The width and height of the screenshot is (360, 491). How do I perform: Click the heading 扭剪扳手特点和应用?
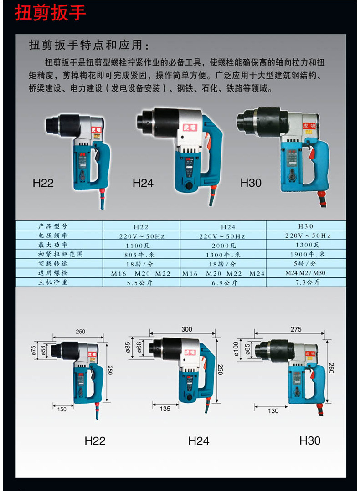tap(89, 46)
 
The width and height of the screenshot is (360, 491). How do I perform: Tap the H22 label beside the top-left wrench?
tap(43, 183)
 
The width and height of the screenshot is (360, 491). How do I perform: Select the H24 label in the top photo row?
tap(143, 183)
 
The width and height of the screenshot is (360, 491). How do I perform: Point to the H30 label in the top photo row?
tap(251, 183)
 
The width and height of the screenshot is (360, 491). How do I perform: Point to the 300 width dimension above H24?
tap(187, 329)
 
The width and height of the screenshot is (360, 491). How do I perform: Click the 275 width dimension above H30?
tap(296, 329)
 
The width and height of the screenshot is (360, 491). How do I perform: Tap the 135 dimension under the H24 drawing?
tap(165, 409)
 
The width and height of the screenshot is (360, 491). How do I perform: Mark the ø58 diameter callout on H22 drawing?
tap(43, 349)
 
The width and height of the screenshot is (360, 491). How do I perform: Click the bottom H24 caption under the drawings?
tap(199, 441)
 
